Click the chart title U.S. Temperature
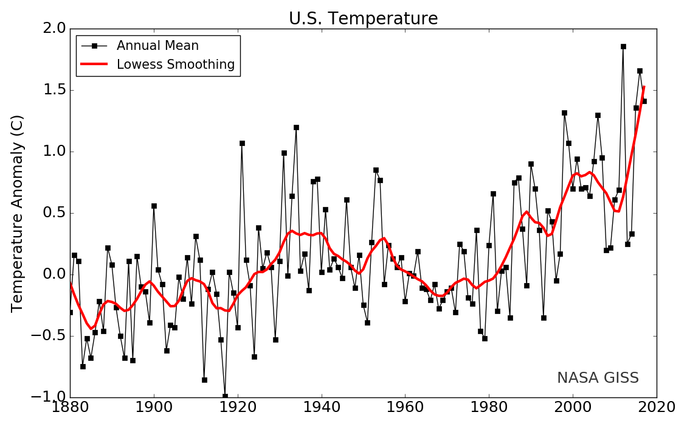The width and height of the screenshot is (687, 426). [x=363, y=19]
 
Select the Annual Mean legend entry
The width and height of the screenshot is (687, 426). [x=157, y=46]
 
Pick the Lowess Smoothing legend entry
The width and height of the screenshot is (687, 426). [x=176, y=65]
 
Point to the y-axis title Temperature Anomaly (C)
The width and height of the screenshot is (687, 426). [x=18, y=213]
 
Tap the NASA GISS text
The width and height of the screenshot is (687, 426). [x=598, y=378]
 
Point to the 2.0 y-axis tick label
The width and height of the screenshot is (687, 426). [x=51, y=29]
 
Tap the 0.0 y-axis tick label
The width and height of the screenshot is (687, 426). [x=51, y=274]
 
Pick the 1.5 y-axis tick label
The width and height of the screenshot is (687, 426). [x=51, y=90]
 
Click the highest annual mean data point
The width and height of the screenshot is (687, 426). [x=623, y=46]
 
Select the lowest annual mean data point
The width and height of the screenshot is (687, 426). [x=225, y=396]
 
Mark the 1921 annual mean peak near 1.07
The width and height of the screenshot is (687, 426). [x=242, y=143]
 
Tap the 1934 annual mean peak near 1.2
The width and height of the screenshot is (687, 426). [x=296, y=127]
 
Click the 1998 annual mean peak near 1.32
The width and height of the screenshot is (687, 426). [x=564, y=113]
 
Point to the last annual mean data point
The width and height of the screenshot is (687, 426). [x=644, y=101]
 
